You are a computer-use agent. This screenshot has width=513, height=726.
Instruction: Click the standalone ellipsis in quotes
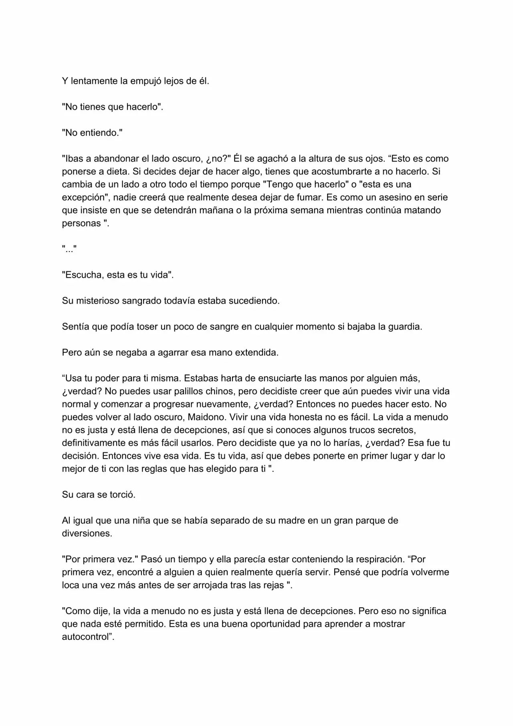[x=69, y=249]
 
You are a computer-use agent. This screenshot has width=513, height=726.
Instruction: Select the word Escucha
[x=83, y=275]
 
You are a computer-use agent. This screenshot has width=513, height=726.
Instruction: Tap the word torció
[x=122, y=495]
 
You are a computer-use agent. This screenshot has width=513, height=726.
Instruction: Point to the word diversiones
[x=87, y=533]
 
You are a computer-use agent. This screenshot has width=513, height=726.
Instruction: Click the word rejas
[x=274, y=585]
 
